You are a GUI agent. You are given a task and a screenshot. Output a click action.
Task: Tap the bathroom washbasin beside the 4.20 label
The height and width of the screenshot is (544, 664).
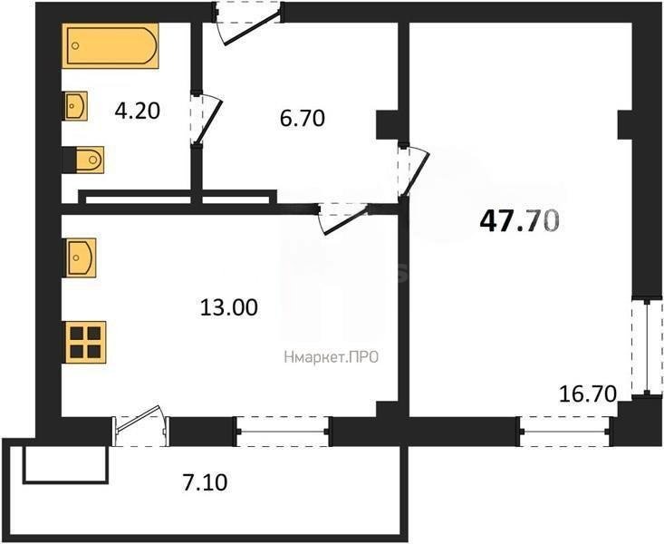click(75, 107)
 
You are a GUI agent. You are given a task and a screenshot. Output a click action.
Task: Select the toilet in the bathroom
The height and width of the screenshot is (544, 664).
click(83, 160)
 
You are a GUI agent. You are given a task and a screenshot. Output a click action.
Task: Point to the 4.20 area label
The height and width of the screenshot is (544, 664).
click(137, 112)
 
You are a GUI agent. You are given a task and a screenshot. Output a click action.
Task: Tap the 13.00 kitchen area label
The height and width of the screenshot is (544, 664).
click(228, 307)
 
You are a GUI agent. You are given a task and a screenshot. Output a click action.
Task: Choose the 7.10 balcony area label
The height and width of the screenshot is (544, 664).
click(205, 482)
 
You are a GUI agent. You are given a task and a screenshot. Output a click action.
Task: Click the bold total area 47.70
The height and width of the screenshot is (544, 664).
click(518, 220)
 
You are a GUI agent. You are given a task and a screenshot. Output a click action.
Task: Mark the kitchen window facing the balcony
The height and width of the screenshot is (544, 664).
click(283, 431)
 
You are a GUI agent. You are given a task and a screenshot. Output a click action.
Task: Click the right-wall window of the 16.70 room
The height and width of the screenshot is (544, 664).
click(647, 347)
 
